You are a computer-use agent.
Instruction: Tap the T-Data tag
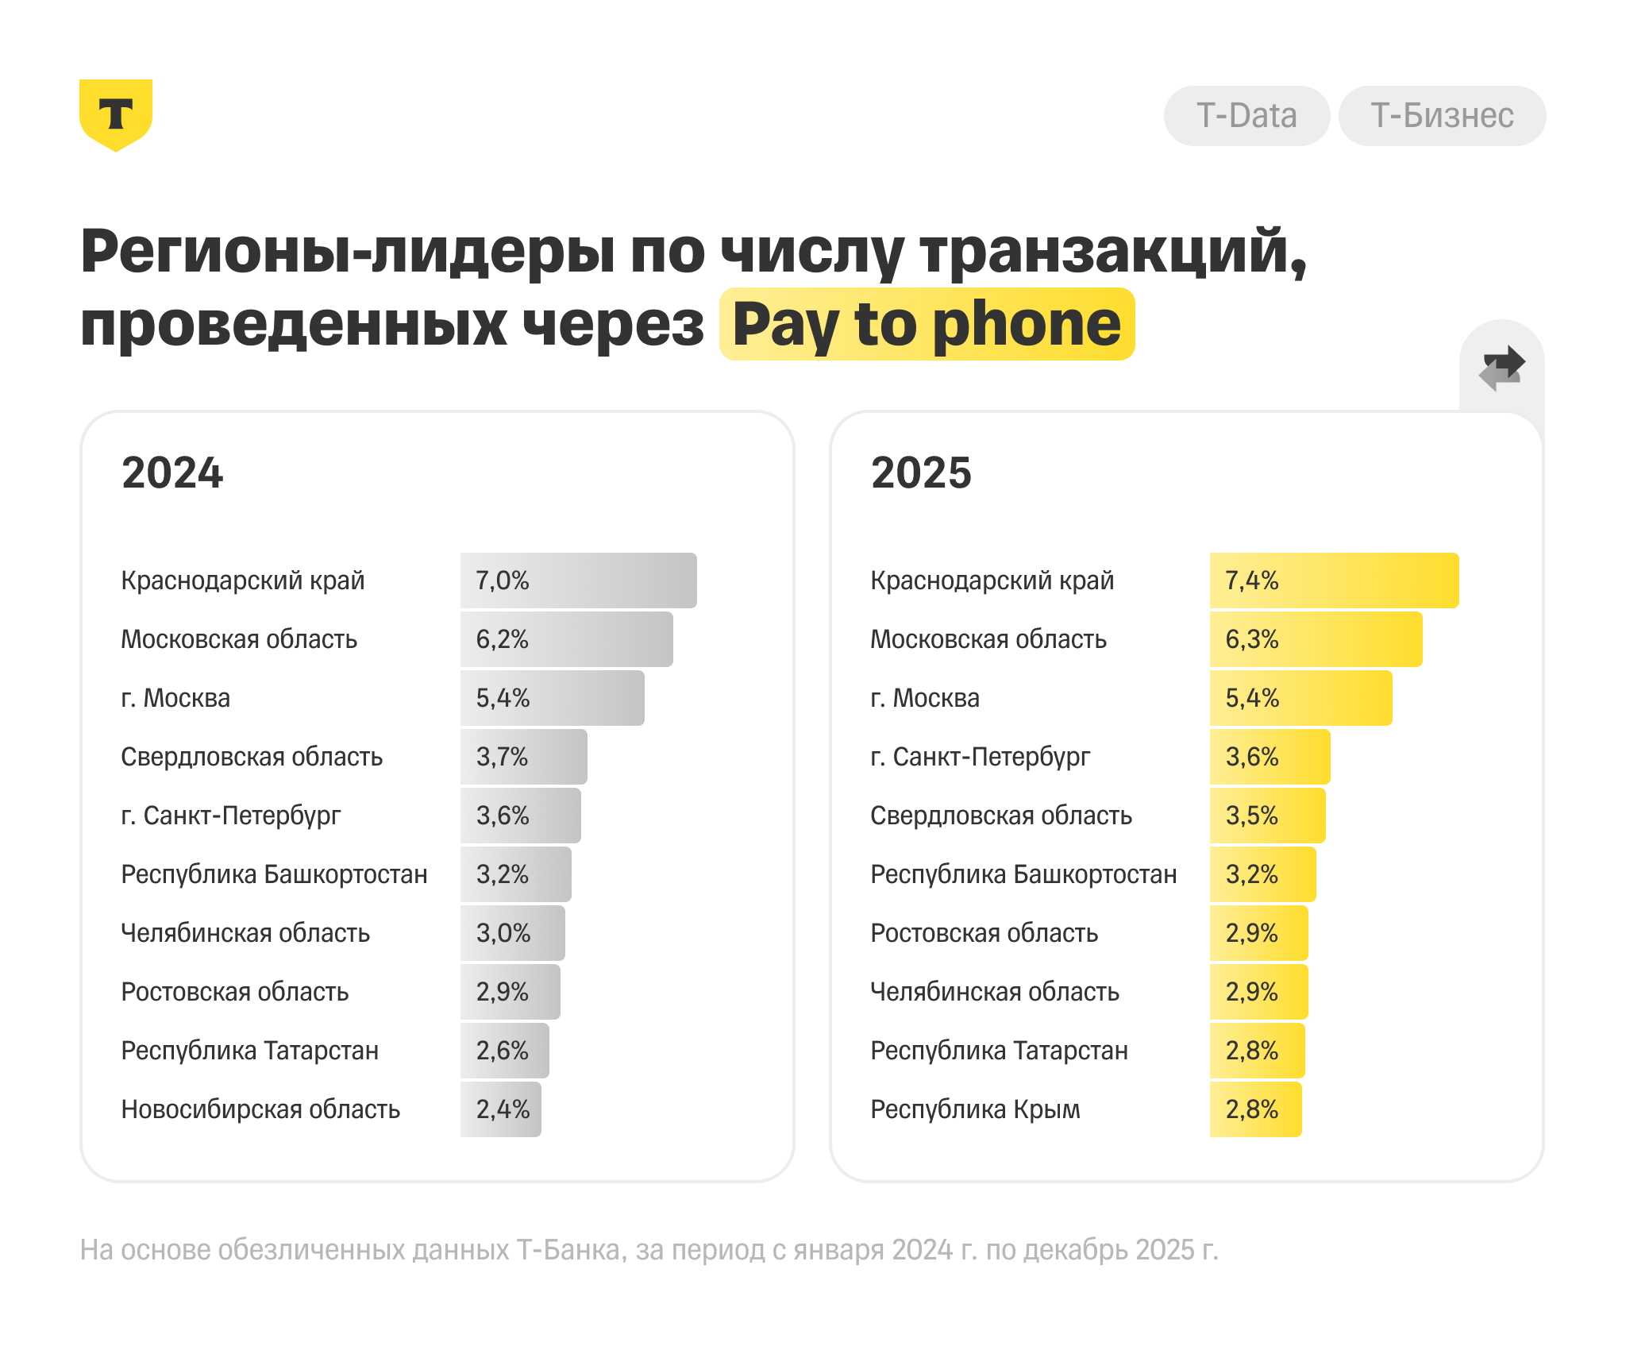click(1246, 116)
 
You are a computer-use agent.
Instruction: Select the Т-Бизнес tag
click(1442, 116)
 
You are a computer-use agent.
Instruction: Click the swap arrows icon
click(1501, 368)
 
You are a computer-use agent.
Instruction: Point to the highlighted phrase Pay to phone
click(927, 324)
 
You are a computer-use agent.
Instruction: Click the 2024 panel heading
click(172, 472)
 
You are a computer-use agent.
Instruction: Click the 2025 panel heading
click(921, 472)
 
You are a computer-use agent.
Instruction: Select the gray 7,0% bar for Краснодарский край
click(578, 580)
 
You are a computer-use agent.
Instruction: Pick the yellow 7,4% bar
click(1334, 580)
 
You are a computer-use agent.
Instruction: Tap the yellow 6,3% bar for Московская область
click(1316, 639)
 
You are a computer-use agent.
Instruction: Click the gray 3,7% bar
click(523, 757)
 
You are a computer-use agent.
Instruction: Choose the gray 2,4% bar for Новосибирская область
click(501, 1109)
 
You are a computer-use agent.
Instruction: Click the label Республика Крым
click(975, 1109)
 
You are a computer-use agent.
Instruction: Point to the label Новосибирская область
click(260, 1109)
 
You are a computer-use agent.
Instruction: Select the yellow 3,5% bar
click(1267, 816)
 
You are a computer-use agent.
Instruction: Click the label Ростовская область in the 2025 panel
click(984, 933)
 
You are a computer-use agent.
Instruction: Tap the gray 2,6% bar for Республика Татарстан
click(504, 1051)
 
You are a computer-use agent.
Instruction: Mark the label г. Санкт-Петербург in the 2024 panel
click(231, 816)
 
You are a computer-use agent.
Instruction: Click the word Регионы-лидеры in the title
click(348, 252)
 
